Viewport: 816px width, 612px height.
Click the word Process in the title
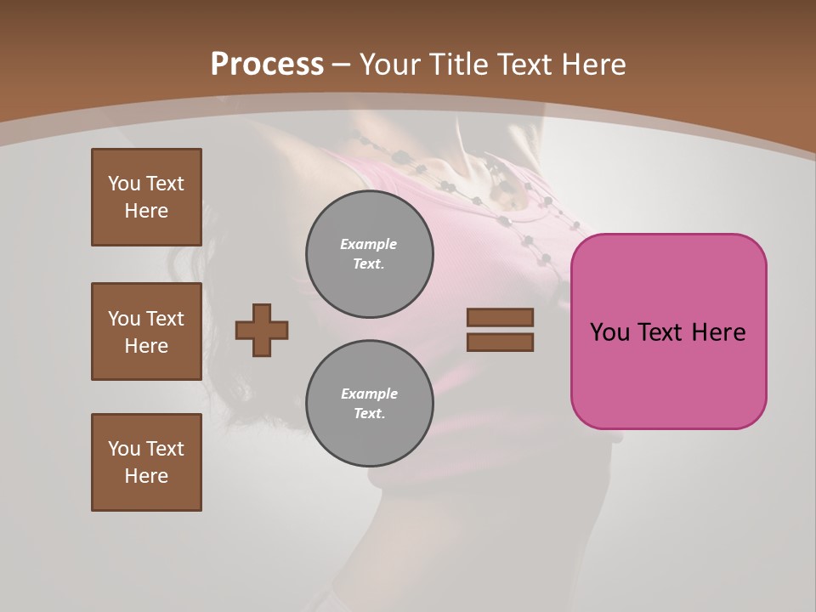[267, 65]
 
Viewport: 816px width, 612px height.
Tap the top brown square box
[146, 197]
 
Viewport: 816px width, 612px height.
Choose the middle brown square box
[146, 331]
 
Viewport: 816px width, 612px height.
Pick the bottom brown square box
[146, 462]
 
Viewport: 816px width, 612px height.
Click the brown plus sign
[262, 330]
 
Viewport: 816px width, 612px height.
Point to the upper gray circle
[369, 253]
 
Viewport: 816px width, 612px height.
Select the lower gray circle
[369, 403]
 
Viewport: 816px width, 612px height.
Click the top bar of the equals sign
[500, 317]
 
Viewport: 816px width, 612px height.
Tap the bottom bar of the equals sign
[500, 342]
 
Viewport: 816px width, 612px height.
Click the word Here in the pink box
[718, 332]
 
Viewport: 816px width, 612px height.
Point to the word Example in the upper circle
[369, 244]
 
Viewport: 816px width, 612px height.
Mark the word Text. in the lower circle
[369, 414]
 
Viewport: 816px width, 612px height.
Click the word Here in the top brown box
[146, 211]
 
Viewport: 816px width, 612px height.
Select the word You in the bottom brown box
[124, 449]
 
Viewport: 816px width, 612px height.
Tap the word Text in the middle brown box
[164, 319]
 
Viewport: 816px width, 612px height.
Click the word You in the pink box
[609, 332]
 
